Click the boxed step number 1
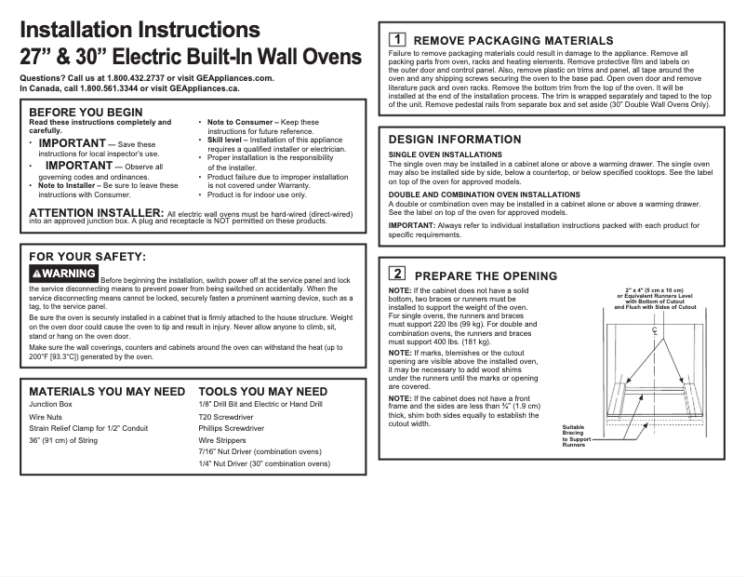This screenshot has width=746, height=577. (396, 40)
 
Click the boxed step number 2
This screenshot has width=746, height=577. (396, 274)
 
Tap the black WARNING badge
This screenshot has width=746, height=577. (63, 274)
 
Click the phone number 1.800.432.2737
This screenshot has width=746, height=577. (139, 78)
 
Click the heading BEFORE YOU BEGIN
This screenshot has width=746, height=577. (86, 113)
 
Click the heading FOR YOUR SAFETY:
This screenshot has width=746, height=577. (87, 256)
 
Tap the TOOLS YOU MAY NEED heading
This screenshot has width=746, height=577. (262, 392)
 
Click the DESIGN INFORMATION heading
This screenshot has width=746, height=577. (454, 140)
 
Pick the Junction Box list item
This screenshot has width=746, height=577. (51, 405)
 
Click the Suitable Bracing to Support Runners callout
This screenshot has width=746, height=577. (574, 436)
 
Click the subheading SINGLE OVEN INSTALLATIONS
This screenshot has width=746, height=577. (445, 154)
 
